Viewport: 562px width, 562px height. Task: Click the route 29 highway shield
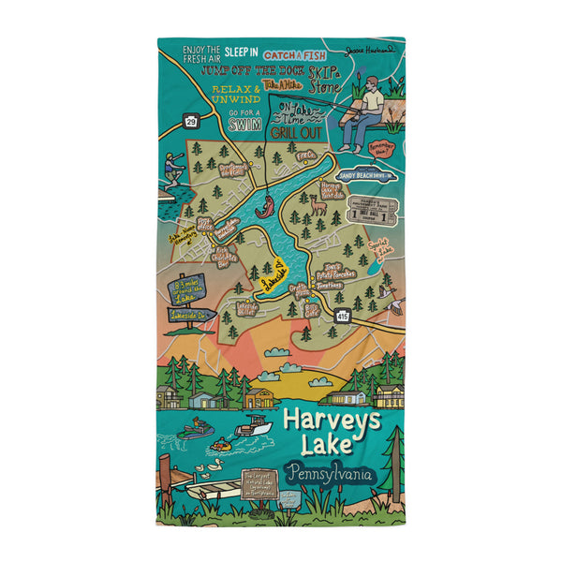[191, 121]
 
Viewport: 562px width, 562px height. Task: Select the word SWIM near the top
[244, 125]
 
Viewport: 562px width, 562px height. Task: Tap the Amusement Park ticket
[372, 213]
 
